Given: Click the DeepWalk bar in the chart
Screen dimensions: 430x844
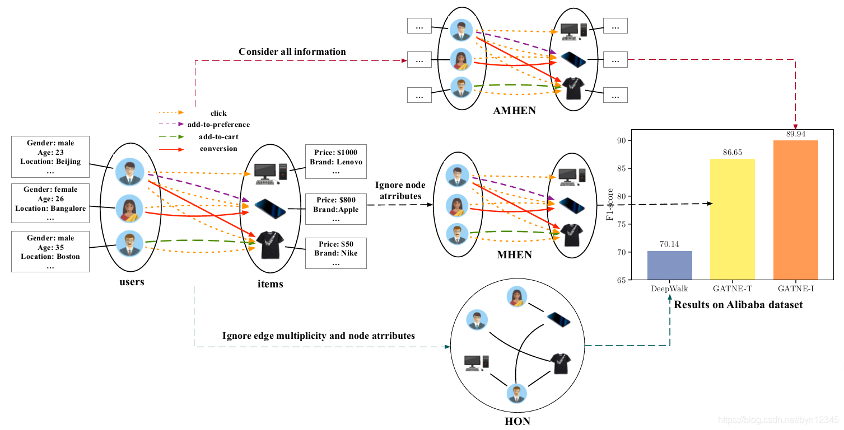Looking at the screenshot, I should click(669, 266).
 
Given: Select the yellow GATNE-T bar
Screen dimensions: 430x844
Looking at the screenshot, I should click(732, 219).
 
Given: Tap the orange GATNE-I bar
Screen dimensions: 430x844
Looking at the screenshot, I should click(795, 210).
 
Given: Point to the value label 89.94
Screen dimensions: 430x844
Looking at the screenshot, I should click(795, 135).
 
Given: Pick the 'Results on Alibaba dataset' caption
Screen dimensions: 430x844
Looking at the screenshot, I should click(738, 305).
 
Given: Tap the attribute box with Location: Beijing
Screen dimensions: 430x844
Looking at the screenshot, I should click(50, 157).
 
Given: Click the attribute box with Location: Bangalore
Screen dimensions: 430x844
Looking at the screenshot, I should click(50, 204).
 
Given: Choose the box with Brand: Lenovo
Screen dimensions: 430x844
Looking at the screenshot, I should click(336, 161).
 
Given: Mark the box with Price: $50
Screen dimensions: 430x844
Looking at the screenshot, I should click(336, 253).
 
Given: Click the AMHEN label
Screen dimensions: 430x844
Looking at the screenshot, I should click(514, 111).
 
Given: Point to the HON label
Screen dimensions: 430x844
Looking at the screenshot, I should click(517, 421).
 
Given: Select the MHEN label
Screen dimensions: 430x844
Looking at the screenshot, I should click(514, 256).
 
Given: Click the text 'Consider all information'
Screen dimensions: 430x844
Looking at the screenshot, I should click(292, 52).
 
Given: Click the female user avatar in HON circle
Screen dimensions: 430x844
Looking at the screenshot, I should click(516, 297).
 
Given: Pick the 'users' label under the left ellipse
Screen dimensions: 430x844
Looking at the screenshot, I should click(132, 282).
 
